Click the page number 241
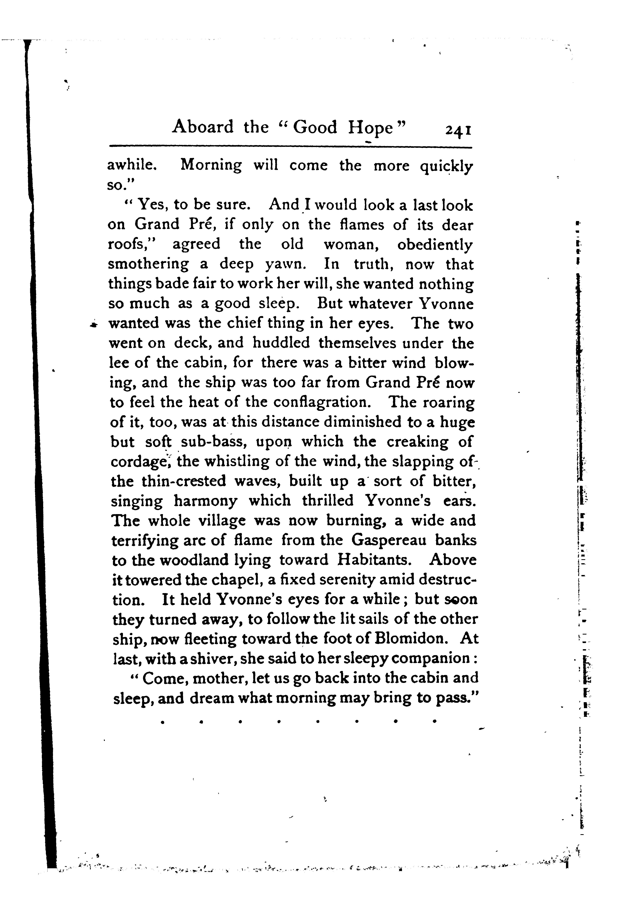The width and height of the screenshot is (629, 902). [458, 130]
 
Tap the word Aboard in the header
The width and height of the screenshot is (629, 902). [203, 127]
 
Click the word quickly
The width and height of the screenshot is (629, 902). [446, 166]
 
